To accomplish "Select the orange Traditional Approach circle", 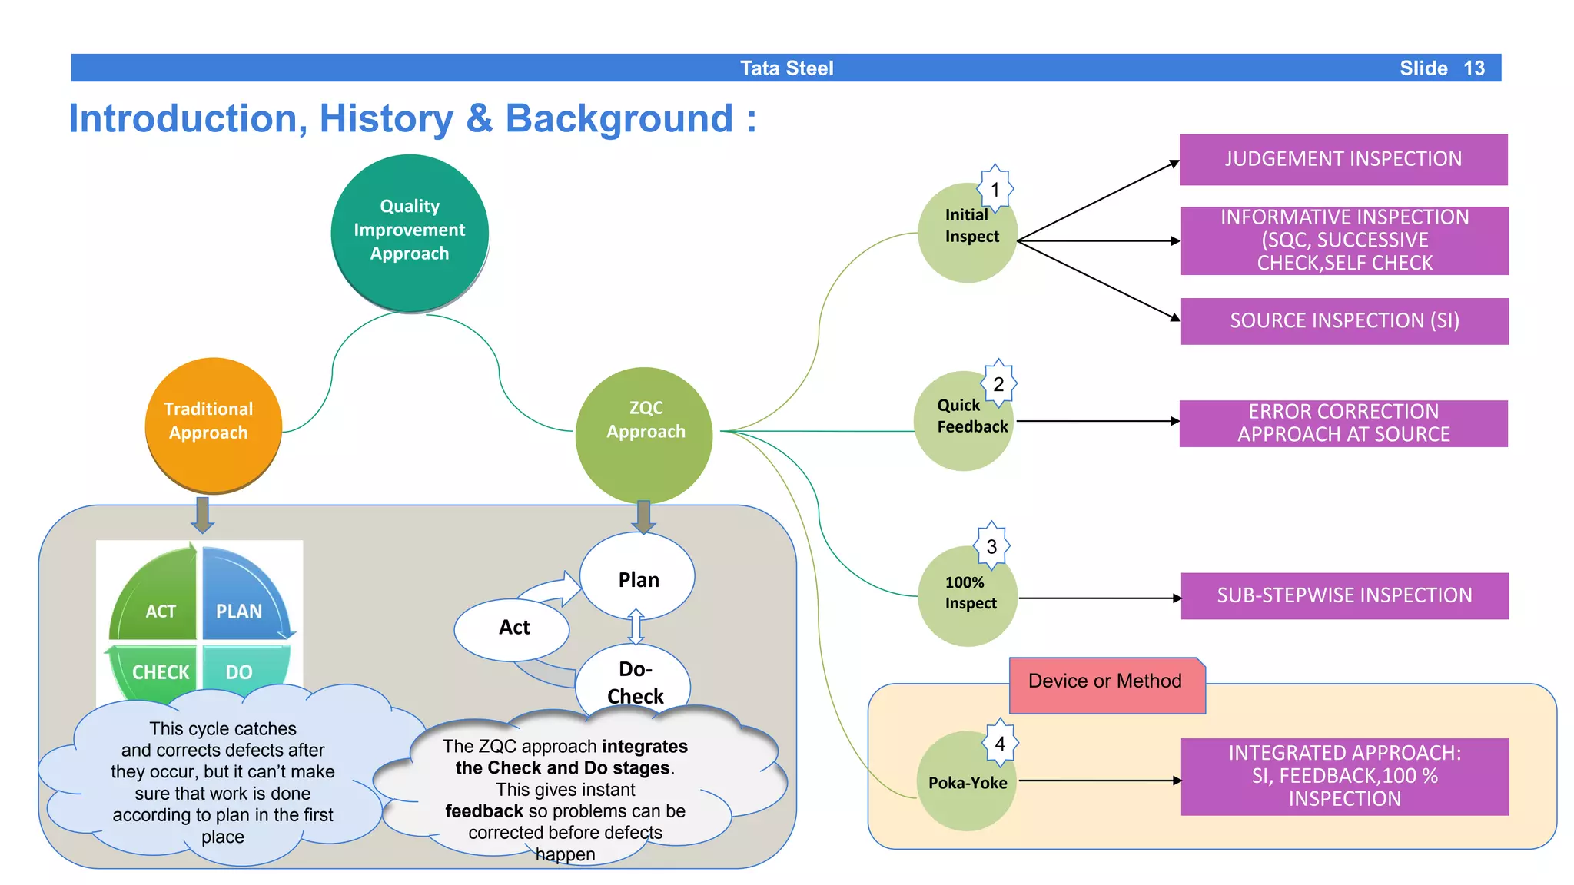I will point(213,423).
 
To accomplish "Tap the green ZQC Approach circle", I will point(644,434).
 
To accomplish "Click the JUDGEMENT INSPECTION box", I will point(1343,159).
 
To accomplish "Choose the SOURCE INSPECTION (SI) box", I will point(1344,321).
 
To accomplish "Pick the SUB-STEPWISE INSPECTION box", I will point(1344,595).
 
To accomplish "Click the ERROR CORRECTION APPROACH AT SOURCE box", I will point(1343,423).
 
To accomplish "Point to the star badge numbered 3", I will point(991,546).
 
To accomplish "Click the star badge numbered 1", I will point(995,189).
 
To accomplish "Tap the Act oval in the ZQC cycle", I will point(513,628).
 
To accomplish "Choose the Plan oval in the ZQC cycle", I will point(637,578).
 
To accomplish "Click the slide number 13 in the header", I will point(1473,68).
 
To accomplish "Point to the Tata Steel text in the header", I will point(786,68).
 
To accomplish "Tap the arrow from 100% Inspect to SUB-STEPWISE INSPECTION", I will point(1099,598).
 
